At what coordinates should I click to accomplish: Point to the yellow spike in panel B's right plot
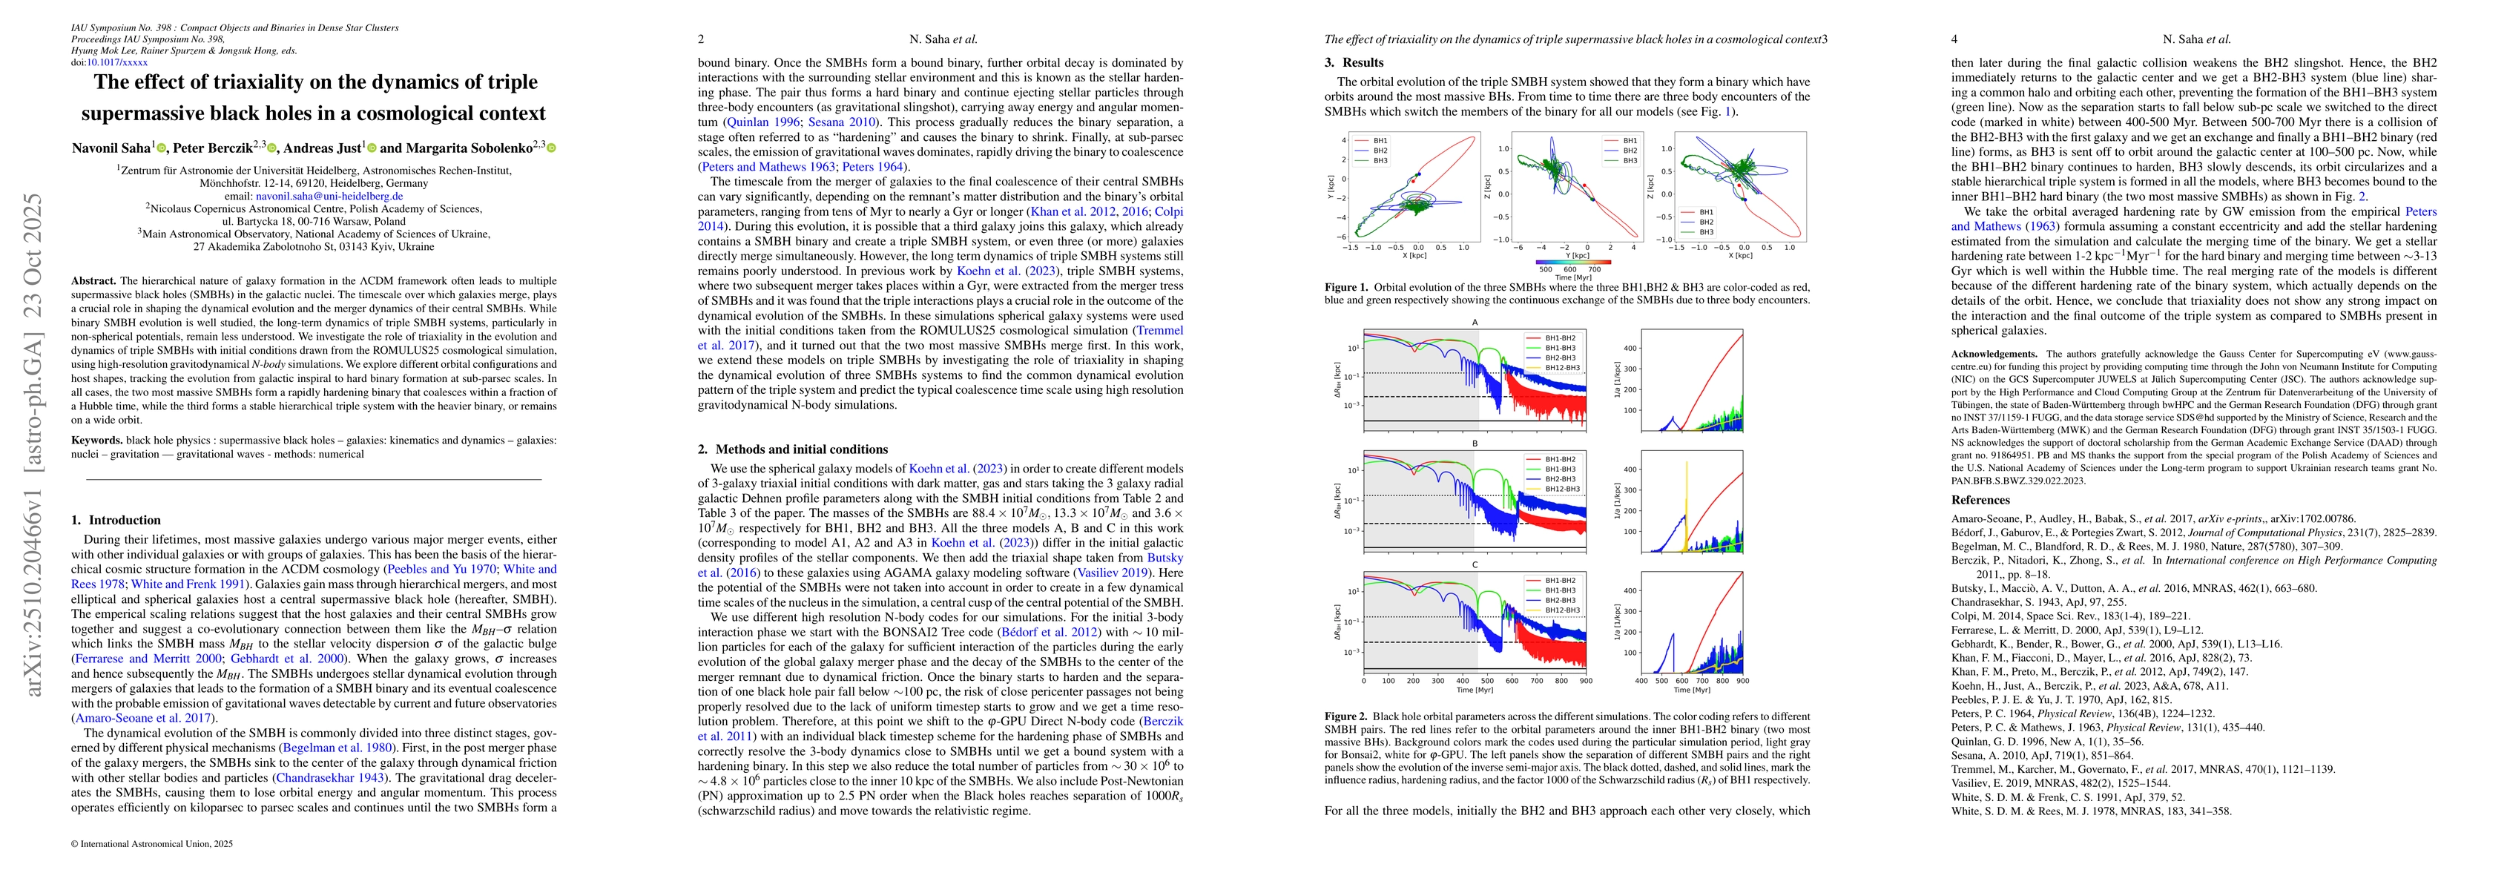[x=1686, y=506]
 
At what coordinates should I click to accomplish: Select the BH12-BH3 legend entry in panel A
[x=1554, y=368]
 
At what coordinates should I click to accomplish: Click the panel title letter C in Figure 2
[x=1475, y=565]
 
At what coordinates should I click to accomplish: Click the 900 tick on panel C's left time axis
[x=1585, y=681]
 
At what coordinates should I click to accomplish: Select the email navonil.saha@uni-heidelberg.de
[x=329, y=196]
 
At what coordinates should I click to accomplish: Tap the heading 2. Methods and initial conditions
[x=792, y=449]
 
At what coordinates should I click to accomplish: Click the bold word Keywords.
[x=96, y=441]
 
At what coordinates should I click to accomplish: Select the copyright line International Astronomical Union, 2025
[x=155, y=843]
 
